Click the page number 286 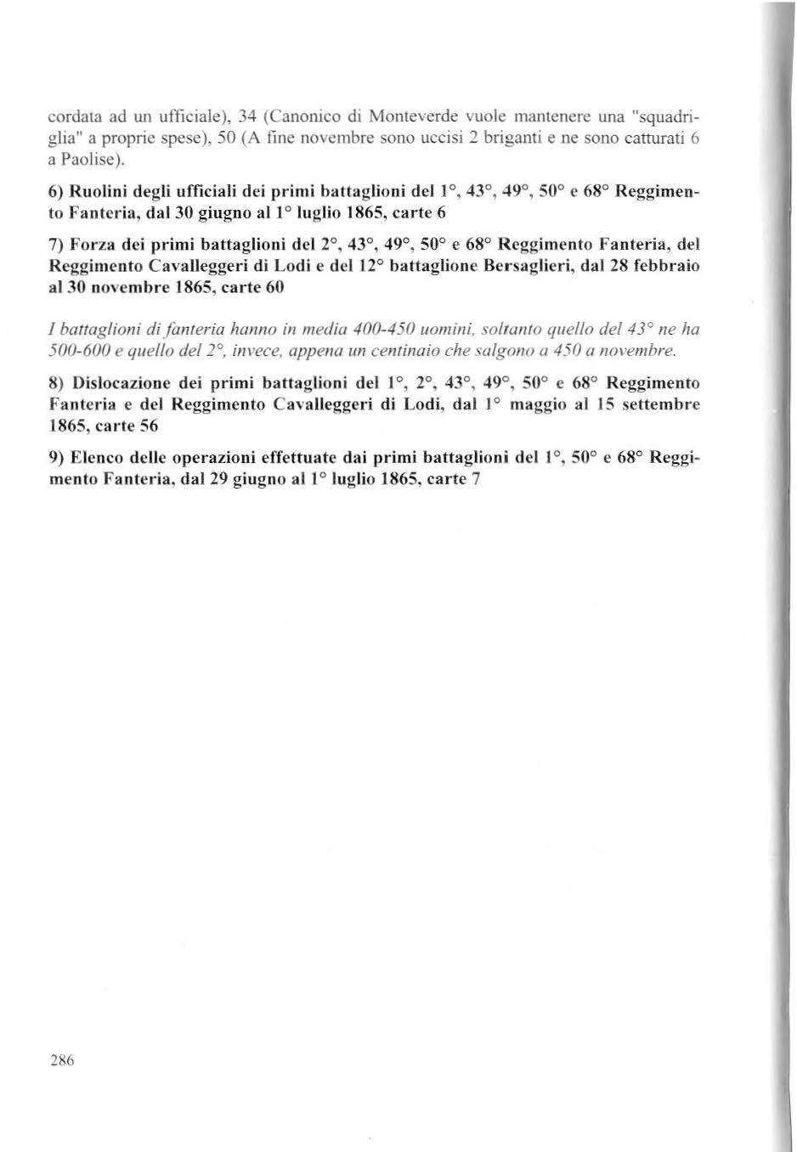coord(63,1059)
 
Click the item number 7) coord(55,245)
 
